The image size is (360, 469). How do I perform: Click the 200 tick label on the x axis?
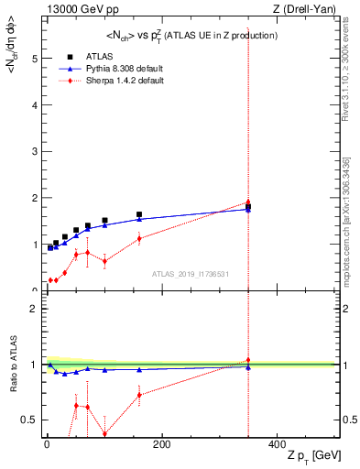161,445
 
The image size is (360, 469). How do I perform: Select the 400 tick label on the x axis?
276,445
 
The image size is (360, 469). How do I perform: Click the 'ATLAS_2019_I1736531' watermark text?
190,274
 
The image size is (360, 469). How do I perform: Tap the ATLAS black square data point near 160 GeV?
139,240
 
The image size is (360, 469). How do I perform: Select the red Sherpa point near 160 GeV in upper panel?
139,238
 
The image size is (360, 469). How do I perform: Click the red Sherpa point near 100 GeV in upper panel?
104,261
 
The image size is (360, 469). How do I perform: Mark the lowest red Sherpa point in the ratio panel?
104,434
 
